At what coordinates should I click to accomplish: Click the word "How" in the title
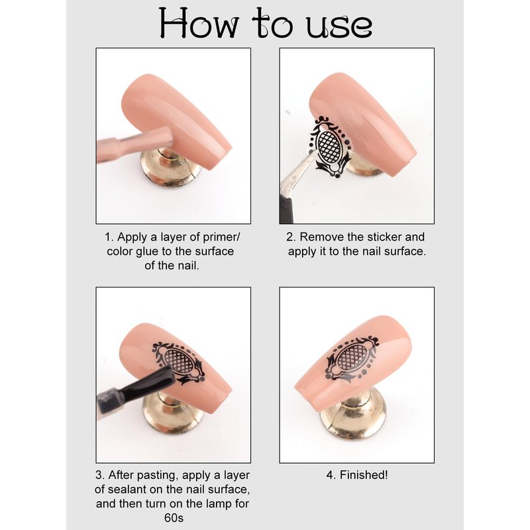coord(199,23)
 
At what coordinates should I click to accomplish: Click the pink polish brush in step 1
coord(134,144)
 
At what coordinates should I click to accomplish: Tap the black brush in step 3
coord(135,392)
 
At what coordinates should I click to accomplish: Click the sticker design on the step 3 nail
coord(178,362)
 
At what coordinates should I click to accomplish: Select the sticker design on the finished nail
coord(352,358)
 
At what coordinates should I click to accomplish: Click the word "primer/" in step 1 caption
coord(221,238)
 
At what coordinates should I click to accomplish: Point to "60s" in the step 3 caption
coord(174,518)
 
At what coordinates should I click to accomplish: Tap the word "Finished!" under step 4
coord(364,475)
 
